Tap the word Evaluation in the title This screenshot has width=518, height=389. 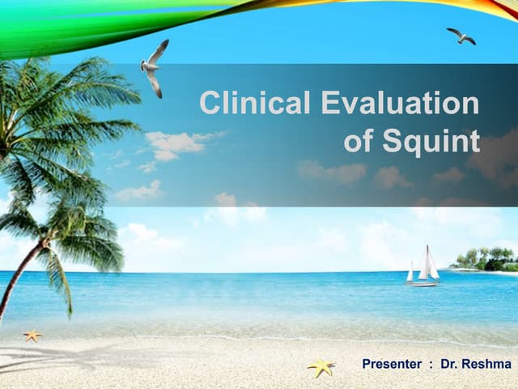(x=400, y=104)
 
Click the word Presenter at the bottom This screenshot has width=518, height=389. (x=393, y=365)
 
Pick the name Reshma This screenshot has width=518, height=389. (x=488, y=365)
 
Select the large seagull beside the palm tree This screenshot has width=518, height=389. (x=154, y=66)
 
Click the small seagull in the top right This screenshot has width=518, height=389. (x=461, y=36)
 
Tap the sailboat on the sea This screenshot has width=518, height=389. (x=422, y=267)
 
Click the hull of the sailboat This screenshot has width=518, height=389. (x=422, y=284)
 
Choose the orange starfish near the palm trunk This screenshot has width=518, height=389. (x=32, y=335)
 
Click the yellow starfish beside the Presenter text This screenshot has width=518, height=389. (x=321, y=367)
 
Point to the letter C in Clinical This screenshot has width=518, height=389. (x=210, y=104)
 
